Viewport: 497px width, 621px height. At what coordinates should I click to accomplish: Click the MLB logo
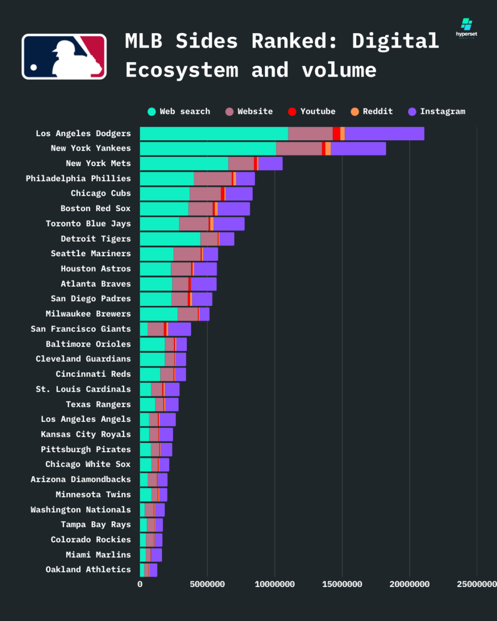pyautogui.click(x=64, y=56)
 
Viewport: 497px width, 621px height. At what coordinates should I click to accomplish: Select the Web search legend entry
pyautogui.click(x=179, y=111)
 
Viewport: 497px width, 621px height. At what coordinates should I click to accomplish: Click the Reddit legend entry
pyautogui.click(x=372, y=111)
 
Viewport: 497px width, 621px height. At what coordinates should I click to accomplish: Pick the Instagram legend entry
pyautogui.click(x=436, y=111)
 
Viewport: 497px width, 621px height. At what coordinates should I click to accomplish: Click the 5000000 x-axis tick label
pyautogui.click(x=207, y=584)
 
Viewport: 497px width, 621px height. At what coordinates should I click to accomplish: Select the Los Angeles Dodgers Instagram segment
pyautogui.click(x=384, y=134)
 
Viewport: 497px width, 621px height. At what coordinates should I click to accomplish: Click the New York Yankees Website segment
pyautogui.click(x=299, y=149)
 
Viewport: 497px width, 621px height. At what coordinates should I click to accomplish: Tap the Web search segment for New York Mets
pyautogui.click(x=184, y=164)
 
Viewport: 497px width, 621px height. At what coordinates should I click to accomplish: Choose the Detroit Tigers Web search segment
pyautogui.click(x=170, y=239)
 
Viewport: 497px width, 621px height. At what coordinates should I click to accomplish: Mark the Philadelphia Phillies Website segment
pyautogui.click(x=213, y=179)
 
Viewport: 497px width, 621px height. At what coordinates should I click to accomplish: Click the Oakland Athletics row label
pyautogui.click(x=88, y=569)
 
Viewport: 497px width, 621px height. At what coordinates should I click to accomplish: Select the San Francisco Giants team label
pyautogui.click(x=81, y=329)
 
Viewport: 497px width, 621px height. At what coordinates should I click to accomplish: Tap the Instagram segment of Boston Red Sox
pyautogui.click(x=233, y=209)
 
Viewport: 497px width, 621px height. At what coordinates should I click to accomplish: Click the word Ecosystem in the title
pyautogui.click(x=182, y=70)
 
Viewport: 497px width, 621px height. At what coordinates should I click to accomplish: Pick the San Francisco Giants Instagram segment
pyautogui.click(x=180, y=329)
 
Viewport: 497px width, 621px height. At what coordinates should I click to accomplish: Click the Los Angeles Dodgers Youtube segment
pyautogui.click(x=337, y=134)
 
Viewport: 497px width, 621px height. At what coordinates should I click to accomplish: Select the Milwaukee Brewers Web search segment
pyautogui.click(x=158, y=314)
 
